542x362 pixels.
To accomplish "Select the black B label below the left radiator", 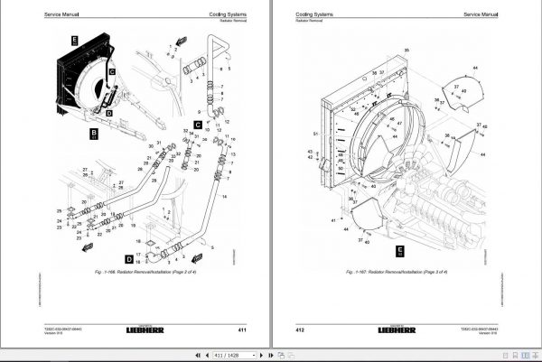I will pyautogui.click(x=93, y=135).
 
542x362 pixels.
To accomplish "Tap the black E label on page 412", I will pyautogui.click(x=398, y=253).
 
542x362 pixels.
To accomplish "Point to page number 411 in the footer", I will pyautogui.click(x=242, y=330).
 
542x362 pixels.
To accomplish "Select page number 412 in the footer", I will pyautogui.click(x=299, y=330).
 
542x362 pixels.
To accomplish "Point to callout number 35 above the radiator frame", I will pyautogui.click(x=406, y=50).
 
